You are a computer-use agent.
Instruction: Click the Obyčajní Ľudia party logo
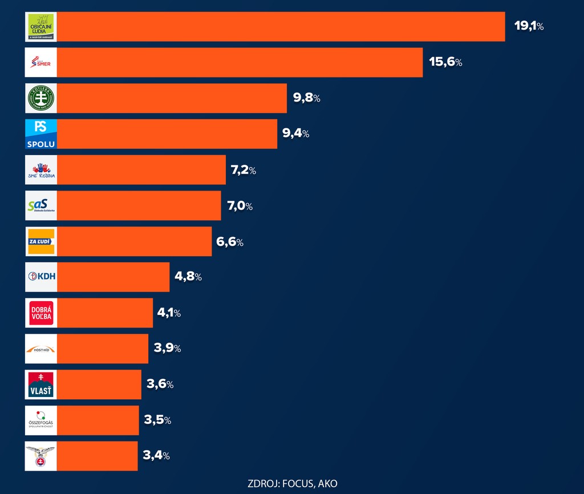point(41,27)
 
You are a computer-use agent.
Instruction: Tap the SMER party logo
point(41,63)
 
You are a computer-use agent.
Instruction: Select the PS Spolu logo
point(41,134)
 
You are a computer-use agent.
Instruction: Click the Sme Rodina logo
point(41,170)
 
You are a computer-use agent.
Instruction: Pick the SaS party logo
point(41,206)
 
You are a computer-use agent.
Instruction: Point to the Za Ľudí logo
point(41,241)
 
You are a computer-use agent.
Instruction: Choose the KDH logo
point(41,277)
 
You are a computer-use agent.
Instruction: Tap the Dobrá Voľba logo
point(41,313)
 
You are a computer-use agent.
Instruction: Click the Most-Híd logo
point(41,349)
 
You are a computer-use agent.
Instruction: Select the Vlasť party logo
point(41,384)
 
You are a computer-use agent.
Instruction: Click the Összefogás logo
point(41,420)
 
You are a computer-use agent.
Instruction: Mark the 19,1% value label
point(529,26)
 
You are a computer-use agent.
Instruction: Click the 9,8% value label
point(306,98)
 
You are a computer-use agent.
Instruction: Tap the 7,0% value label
point(240,206)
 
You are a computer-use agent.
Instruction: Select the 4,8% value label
point(188,277)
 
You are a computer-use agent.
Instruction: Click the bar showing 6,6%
point(134,241)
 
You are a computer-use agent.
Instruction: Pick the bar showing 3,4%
point(97,456)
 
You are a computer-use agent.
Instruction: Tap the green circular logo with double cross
point(41,98)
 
